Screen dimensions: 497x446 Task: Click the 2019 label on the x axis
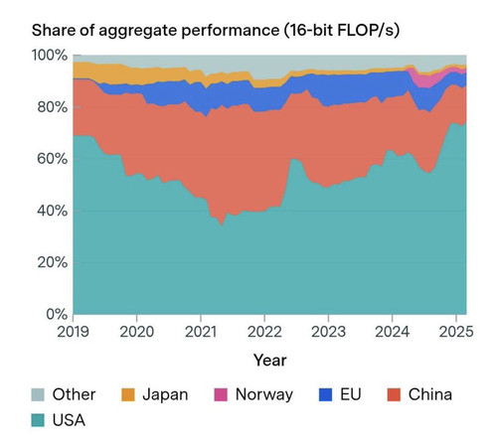coord(73,332)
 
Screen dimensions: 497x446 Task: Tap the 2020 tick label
coord(136,332)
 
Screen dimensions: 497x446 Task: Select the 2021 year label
coord(201,332)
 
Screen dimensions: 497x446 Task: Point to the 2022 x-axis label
coord(264,332)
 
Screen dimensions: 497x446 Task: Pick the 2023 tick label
coord(328,332)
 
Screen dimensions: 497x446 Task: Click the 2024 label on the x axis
coord(393,332)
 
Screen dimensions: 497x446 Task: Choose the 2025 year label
coord(456,332)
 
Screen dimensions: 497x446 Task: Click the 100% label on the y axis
coord(50,56)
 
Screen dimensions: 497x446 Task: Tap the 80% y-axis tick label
coord(53,107)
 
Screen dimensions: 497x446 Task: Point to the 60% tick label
coord(53,159)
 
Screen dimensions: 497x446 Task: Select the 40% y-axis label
coord(53,211)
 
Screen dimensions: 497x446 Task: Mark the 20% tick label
coord(53,262)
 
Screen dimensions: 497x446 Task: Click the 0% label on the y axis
coord(57,314)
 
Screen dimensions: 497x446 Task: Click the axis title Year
coord(270,361)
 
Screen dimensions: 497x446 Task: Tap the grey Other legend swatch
coord(38,394)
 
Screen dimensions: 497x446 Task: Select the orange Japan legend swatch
coord(128,394)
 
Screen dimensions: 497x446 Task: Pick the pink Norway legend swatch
coord(221,394)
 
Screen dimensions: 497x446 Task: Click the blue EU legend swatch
coord(325,394)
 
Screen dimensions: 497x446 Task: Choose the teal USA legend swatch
coord(38,420)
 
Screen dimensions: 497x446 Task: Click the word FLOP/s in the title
coord(368,31)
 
